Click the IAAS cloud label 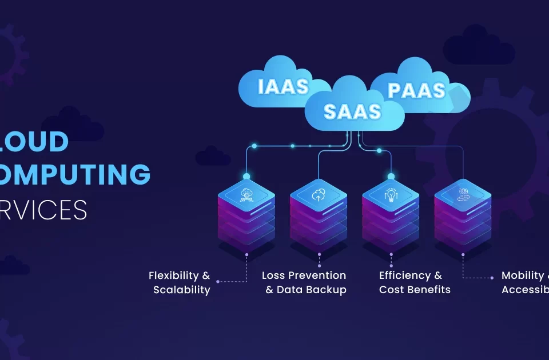click(x=283, y=86)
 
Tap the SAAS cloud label click(x=352, y=111)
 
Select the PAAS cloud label click(x=416, y=90)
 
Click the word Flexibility click(x=173, y=275)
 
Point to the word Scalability click(x=182, y=290)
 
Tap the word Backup click(x=326, y=290)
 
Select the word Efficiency click(x=403, y=275)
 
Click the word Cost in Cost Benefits click(x=391, y=290)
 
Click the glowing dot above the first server click(x=246, y=176)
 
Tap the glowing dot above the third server click(x=391, y=176)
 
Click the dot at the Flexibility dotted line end click(x=218, y=281)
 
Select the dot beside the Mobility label click(x=492, y=278)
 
